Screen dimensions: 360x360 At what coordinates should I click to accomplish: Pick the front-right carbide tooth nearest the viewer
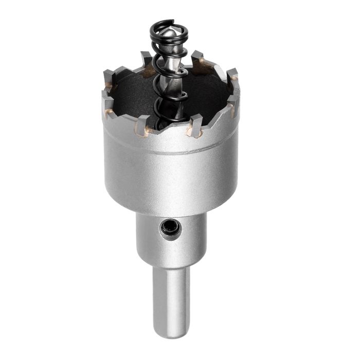(x=195, y=125)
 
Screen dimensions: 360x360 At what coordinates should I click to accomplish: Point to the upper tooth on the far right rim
(x=232, y=75)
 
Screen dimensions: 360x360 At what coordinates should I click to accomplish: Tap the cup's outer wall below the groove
(x=170, y=180)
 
